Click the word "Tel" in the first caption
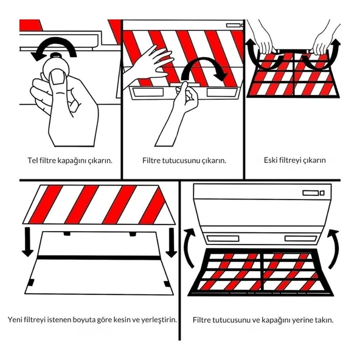(x=33, y=161)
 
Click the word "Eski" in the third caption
(x=271, y=160)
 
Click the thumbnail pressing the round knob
(x=58, y=77)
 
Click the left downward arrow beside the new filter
(x=27, y=242)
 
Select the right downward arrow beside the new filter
(x=171, y=242)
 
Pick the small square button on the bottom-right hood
(x=322, y=193)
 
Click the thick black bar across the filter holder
(x=99, y=257)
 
